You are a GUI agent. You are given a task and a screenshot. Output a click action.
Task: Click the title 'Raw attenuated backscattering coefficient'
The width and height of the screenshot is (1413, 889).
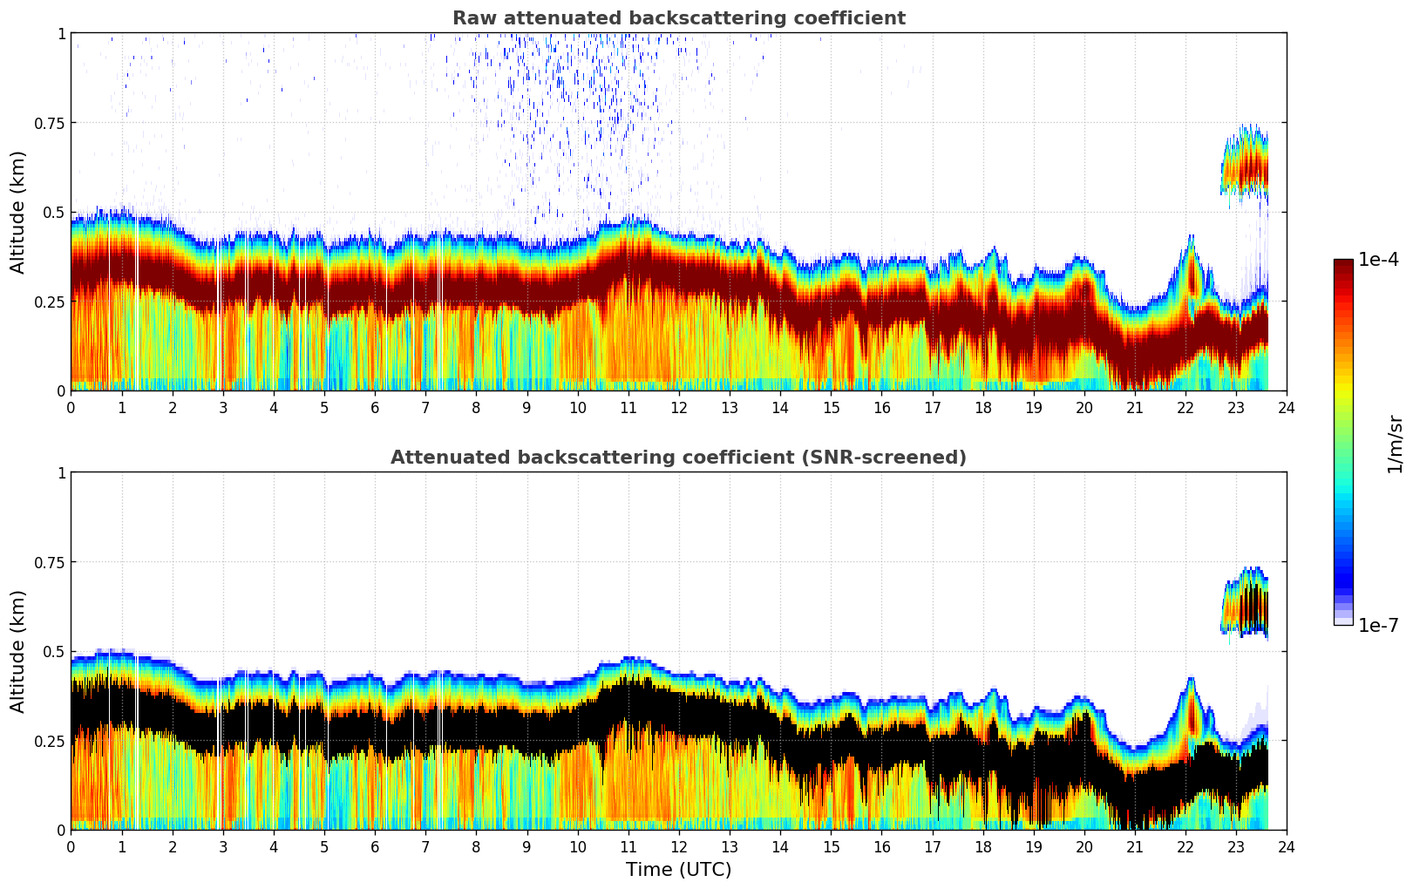coord(678,18)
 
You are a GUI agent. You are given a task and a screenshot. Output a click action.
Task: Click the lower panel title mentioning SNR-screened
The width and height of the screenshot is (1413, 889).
coord(678,458)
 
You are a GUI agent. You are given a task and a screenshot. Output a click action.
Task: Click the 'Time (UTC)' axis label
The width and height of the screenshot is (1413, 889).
coord(678,870)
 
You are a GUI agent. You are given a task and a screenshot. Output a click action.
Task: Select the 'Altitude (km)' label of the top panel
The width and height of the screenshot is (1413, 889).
coord(18,212)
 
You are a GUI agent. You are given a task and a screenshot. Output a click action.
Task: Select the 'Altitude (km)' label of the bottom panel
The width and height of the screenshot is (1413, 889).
coord(18,651)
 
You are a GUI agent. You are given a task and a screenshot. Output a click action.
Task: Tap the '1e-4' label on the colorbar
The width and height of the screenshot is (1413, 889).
coord(1378,260)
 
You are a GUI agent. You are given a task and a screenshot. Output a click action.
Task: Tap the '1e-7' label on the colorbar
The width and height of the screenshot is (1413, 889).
coord(1378,625)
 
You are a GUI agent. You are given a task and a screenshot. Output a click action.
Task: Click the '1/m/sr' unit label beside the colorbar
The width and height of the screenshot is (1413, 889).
coord(1395,444)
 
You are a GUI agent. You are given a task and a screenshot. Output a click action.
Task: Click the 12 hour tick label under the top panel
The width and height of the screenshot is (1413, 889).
coord(678,407)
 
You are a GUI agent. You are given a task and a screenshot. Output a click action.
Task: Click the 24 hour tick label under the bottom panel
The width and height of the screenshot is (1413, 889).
coord(1287,846)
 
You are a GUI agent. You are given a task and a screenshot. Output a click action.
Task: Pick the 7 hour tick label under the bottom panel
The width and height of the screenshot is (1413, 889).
coord(425,846)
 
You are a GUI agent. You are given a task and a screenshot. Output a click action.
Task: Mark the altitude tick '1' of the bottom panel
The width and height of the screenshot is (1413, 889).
coord(61,473)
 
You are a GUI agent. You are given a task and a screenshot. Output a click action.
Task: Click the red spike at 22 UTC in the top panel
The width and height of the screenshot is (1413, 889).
coord(1192,275)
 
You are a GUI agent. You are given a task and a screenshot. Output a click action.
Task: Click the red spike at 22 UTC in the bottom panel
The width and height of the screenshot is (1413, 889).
coord(1192,715)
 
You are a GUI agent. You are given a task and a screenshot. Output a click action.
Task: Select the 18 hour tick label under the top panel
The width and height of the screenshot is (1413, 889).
coord(982,407)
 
